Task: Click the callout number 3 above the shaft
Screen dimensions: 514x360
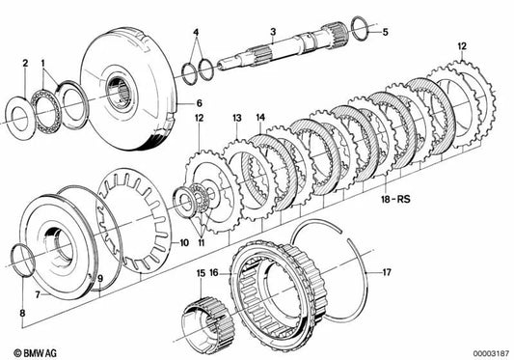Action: [x=273, y=32]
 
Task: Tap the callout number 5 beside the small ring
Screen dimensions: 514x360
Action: [x=385, y=32]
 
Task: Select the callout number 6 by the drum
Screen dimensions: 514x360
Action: [x=200, y=103]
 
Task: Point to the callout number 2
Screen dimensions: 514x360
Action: [x=25, y=63]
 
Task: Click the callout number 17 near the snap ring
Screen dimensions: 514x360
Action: [x=387, y=272]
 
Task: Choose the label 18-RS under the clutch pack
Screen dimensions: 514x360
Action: [x=395, y=199]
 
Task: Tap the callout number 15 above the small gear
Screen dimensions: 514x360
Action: [x=201, y=273]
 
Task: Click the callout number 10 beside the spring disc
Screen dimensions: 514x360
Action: [x=184, y=243]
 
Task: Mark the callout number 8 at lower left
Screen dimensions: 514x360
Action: [x=22, y=313]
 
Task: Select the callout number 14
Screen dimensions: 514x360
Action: [x=260, y=118]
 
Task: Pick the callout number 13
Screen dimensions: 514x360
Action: [x=237, y=118]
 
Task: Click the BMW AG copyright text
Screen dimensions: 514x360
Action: [x=35, y=353]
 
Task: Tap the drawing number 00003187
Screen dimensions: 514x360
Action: [x=491, y=354]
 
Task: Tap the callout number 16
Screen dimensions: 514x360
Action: [x=214, y=273]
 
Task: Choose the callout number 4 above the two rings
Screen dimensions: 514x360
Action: [x=196, y=33]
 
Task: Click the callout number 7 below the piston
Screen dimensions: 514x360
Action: [x=38, y=294]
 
